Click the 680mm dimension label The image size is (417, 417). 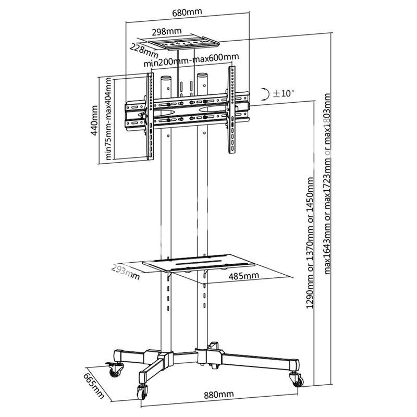pyautogui.click(x=187, y=13)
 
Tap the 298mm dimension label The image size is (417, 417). pyautogui.click(x=167, y=31)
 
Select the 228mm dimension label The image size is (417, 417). pyautogui.click(x=144, y=51)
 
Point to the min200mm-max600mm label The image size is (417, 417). pyautogui.click(x=191, y=60)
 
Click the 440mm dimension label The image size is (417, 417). pyautogui.click(x=94, y=120)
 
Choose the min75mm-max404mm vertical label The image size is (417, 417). pyautogui.click(x=108, y=119)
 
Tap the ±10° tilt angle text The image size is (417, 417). pyautogui.click(x=284, y=93)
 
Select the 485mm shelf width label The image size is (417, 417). pyautogui.click(x=243, y=276)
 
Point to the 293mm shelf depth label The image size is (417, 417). pyautogui.click(x=125, y=272)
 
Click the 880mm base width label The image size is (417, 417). pyautogui.click(x=219, y=394)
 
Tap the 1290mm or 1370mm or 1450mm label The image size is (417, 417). pyautogui.click(x=310, y=243)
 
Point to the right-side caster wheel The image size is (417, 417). pyautogui.click(x=297, y=379)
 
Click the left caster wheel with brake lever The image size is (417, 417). pyautogui.click(x=115, y=369)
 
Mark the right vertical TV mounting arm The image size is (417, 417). pyautogui.click(x=231, y=109)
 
